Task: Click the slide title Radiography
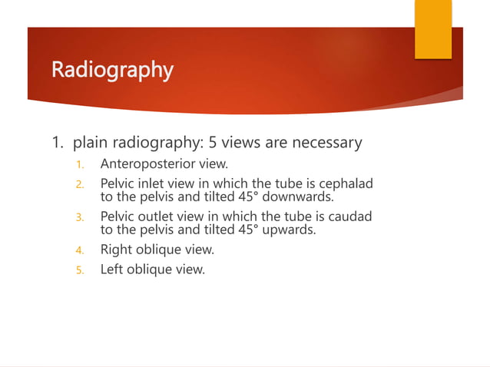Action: point(112,70)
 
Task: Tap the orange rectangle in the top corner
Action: point(433,29)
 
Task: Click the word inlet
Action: point(154,184)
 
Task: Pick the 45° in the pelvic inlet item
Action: point(249,196)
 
